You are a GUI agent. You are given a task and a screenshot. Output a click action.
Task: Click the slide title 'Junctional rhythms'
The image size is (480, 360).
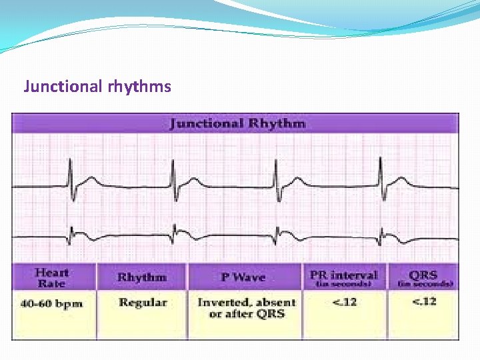pos(97,86)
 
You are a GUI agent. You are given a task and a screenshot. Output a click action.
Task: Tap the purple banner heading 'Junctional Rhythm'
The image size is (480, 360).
pos(237,123)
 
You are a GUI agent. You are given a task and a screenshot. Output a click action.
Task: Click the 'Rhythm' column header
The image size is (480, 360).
pos(141,277)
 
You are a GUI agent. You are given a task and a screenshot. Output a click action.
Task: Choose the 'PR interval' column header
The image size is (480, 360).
pos(343,274)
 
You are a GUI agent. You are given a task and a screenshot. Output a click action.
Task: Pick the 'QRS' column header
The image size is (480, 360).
pos(423,274)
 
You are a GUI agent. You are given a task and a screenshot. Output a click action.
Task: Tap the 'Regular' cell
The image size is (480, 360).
pos(142,303)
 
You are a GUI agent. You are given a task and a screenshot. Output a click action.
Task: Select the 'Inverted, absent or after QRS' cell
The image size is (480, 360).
pos(245,308)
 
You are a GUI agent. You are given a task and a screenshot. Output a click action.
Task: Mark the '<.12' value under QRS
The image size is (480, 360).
pos(424,302)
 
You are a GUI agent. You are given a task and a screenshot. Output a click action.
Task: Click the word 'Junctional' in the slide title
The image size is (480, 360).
pos(63,86)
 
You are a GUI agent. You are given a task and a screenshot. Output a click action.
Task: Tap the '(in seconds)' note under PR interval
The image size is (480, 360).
pos(344,284)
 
